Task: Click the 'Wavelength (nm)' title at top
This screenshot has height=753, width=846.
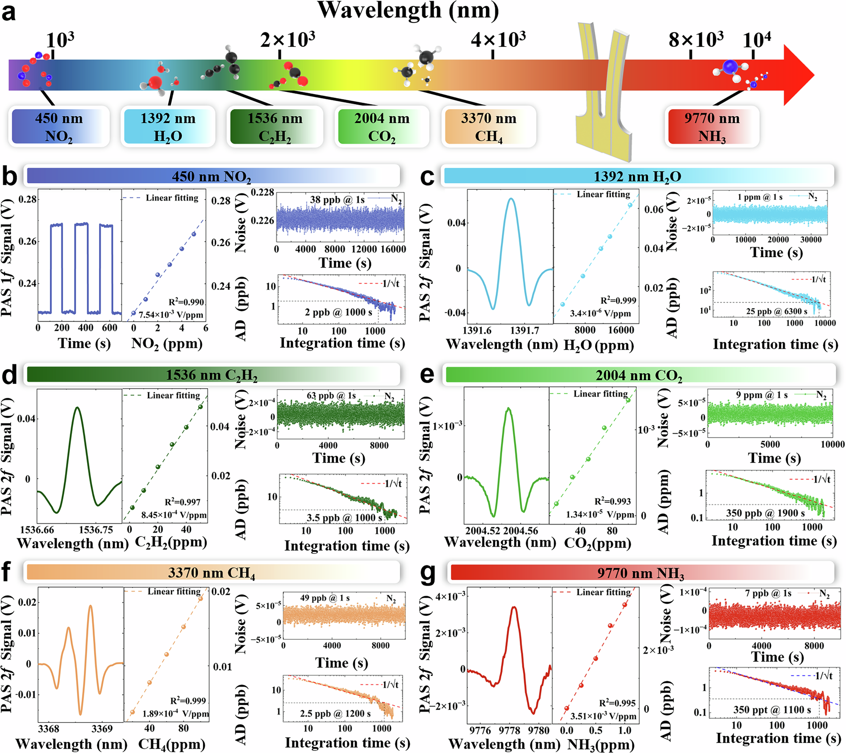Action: [x=408, y=10]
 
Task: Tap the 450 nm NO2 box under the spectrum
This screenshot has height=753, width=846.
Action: [x=59, y=126]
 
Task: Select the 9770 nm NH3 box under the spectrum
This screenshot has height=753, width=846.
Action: [x=712, y=126]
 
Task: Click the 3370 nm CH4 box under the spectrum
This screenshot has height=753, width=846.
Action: [x=489, y=126]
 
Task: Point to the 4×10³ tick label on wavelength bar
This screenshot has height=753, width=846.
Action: [x=498, y=40]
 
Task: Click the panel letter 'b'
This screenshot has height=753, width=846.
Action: [x=9, y=177]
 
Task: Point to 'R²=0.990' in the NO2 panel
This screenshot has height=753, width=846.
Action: [x=186, y=302]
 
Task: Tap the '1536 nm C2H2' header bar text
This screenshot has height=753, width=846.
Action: [x=211, y=375]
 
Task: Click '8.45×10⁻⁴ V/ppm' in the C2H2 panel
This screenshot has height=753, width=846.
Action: [x=174, y=515]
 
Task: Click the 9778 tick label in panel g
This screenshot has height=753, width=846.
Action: [x=509, y=730]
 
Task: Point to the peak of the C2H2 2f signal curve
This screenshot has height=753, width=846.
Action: [x=77, y=408]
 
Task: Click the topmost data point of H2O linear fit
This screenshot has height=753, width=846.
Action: [x=630, y=205]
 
